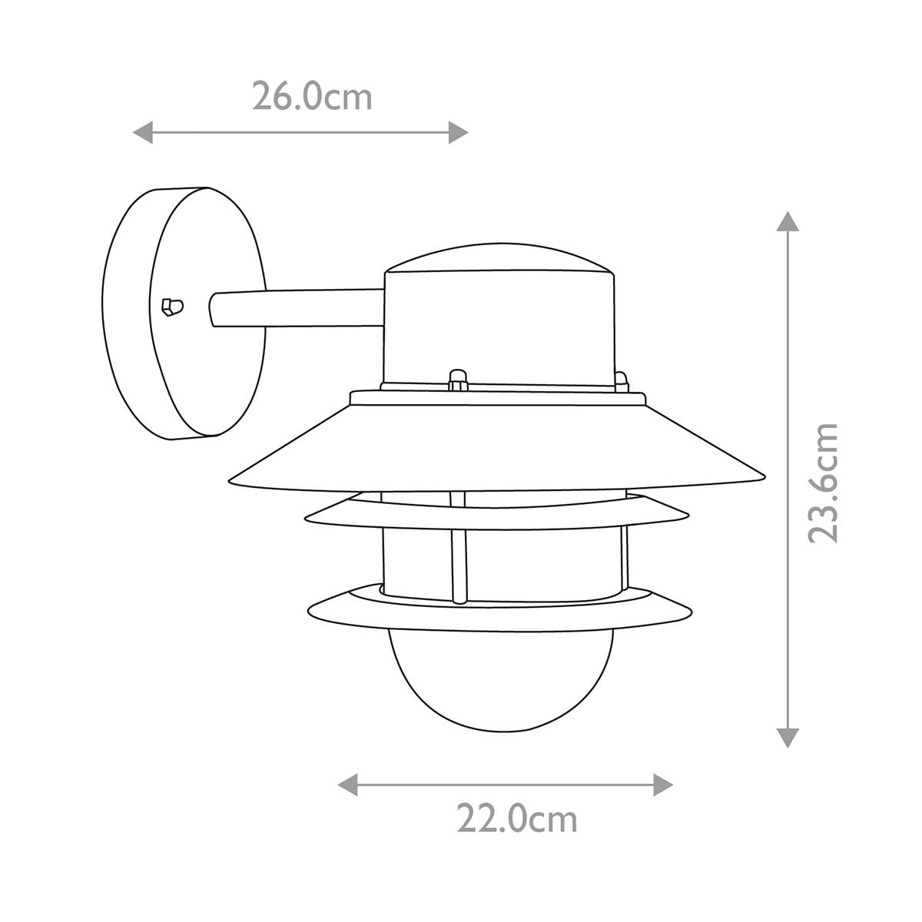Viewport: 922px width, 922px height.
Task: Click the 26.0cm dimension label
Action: coord(312,97)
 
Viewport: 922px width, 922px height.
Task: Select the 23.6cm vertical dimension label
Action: coord(824,483)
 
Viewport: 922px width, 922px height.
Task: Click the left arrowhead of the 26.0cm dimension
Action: coord(143,132)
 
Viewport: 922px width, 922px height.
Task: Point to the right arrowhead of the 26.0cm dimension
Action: coord(458,132)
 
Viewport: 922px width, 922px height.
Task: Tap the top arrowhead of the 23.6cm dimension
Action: coord(788,221)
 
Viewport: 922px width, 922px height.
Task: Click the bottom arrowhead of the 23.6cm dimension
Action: coord(788,738)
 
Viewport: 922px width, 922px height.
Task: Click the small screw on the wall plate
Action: coord(172,307)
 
